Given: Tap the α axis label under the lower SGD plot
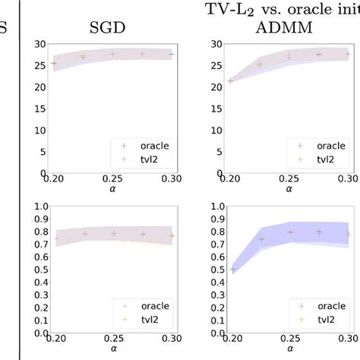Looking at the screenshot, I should (112, 353).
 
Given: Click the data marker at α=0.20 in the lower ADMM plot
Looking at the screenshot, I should (230, 270).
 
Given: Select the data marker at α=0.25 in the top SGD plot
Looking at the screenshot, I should (112, 55).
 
